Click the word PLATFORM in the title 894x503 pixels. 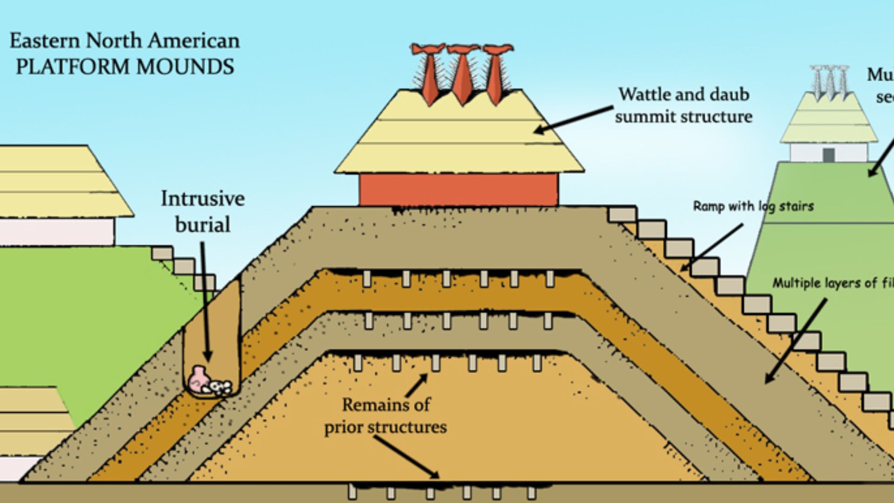click(x=72, y=67)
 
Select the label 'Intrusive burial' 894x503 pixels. click(x=203, y=211)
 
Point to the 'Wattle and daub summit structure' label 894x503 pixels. click(x=683, y=105)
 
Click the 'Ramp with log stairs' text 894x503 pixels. click(x=753, y=206)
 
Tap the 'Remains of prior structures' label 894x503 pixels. click(x=386, y=415)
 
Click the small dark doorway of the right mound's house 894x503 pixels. click(x=828, y=155)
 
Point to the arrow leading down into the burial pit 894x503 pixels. click(x=205, y=303)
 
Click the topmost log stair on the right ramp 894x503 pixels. click(x=622, y=215)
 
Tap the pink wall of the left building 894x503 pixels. click(x=56, y=231)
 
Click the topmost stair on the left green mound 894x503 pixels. click(x=162, y=253)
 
